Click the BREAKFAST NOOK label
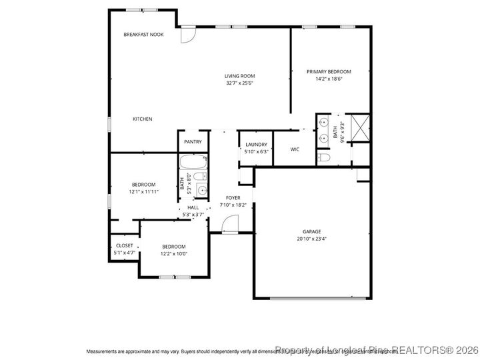(143, 34)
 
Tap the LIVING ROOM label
(239, 76)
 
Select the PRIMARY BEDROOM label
(329, 71)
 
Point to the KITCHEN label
(142, 119)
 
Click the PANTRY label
(193, 141)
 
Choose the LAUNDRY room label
(256, 145)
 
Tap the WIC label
(295, 149)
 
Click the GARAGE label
(312, 231)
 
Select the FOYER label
(233, 198)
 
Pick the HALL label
(193, 207)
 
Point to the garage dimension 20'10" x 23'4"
(312, 239)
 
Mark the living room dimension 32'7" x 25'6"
(239, 83)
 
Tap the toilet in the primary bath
(324, 158)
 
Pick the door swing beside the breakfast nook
(187, 34)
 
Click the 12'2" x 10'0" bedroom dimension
(173, 253)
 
